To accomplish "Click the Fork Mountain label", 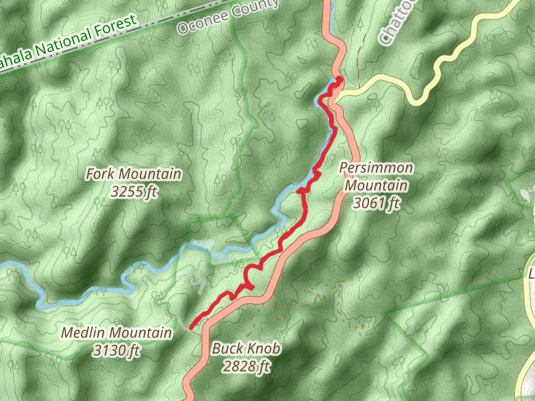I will coord(134,174).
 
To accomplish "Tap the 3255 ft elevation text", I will coord(134,192).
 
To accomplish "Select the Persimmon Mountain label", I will coord(376,168).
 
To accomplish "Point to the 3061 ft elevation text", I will coord(376,204).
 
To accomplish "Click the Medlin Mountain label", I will coord(116,332).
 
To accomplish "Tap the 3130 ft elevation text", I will coord(116,350).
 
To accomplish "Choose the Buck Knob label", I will coord(245,348).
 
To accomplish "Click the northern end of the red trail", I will coord(339,79).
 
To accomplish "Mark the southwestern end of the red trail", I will coord(191,327).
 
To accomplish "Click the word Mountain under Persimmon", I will coord(376,186).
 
